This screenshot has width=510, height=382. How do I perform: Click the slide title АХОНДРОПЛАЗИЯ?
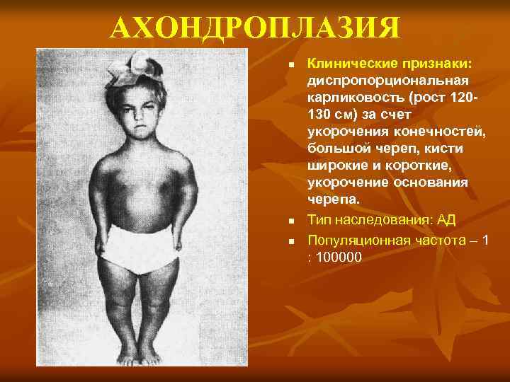(x=254, y=29)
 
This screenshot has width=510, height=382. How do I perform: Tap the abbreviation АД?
(x=446, y=221)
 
